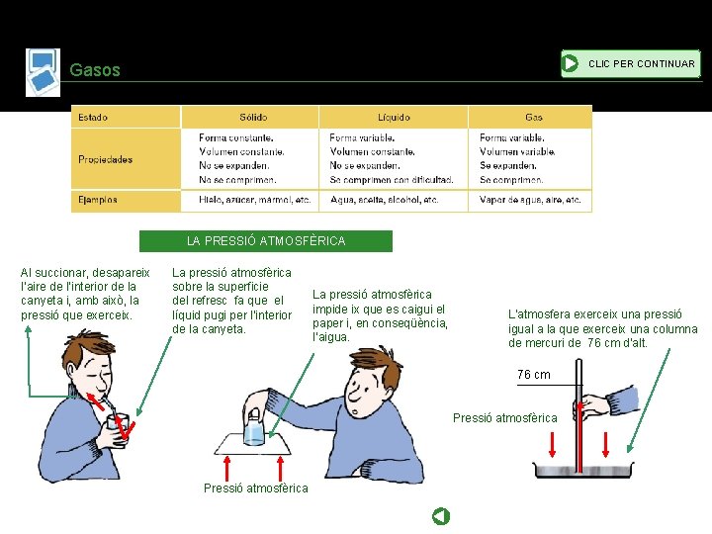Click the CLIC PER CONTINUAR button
click(x=631, y=63)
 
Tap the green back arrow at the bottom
click(x=440, y=516)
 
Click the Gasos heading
click(x=95, y=70)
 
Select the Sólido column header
click(x=253, y=117)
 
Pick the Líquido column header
click(x=394, y=117)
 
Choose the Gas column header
click(x=534, y=117)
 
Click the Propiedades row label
click(x=106, y=159)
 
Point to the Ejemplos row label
click(x=98, y=200)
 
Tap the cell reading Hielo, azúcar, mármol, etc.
click(x=255, y=200)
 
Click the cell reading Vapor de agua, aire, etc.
click(x=530, y=200)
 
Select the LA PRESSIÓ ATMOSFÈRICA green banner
click(x=266, y=240)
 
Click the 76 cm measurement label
click(x=534, y=375)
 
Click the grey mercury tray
click(x=583, y=470)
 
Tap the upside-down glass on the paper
click(x=254, y=427)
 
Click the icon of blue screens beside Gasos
click(x=44, y=72)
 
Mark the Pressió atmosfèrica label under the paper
click(x=256, y=489)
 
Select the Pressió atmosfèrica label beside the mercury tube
click(x=505, y=418)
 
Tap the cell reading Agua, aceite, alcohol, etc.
click(x=384, y=200)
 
